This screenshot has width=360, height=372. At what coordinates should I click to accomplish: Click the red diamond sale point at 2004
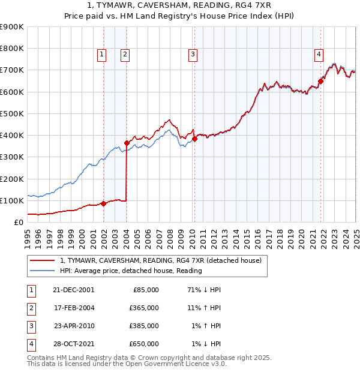[127, 143]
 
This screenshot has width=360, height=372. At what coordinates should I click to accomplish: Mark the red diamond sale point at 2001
[103, 203]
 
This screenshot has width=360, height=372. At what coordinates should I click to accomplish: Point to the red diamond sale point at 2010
[194, 139]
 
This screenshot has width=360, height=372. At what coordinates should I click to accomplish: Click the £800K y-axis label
[11, 49]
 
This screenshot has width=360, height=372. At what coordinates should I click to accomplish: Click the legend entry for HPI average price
[131, 271]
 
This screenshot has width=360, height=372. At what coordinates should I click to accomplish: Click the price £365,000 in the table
[145, 308]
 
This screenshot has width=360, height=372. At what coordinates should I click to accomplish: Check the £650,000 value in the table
[145, 344]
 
